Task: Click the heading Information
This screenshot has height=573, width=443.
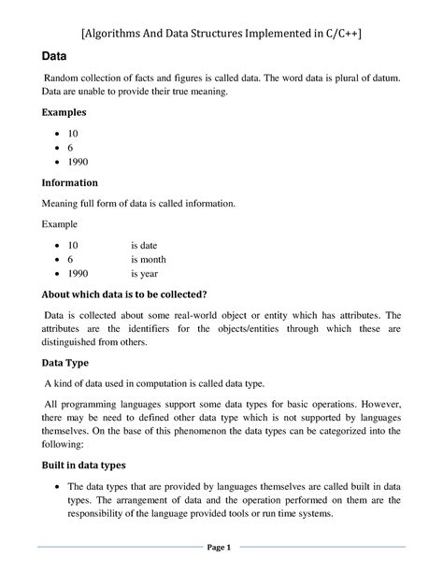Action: [70, 182]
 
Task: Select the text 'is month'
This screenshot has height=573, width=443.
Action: [149, 259]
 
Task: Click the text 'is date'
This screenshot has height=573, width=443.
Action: [146, 244]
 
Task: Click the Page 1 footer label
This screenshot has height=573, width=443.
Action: [221, 547]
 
